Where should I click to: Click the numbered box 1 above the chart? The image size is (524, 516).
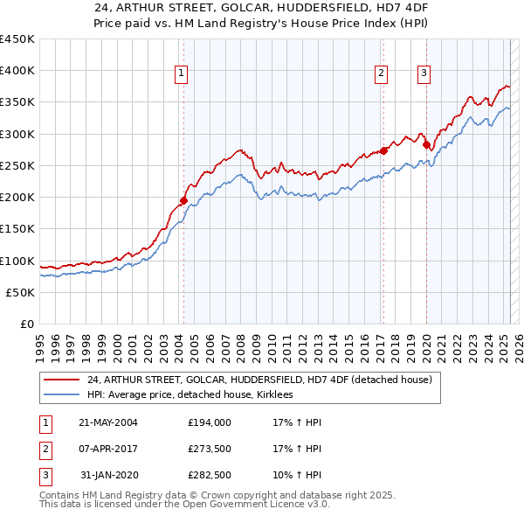tap(181, 74)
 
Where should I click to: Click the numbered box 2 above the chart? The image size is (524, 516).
tap(382, 74)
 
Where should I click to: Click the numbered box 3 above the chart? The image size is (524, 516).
tap(424, 74)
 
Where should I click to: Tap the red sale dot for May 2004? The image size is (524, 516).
tap(183, 200)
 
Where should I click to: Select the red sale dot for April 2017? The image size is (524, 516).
tap(383, 150)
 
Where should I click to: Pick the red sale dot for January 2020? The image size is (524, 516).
tap(426, 145)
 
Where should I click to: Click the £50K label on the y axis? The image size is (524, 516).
tap(21, 292)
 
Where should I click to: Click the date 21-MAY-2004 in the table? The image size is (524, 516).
tap(108, 422)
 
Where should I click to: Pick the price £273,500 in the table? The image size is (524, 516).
tap(210, 450)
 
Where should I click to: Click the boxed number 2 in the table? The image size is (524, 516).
tap(44, 450)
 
